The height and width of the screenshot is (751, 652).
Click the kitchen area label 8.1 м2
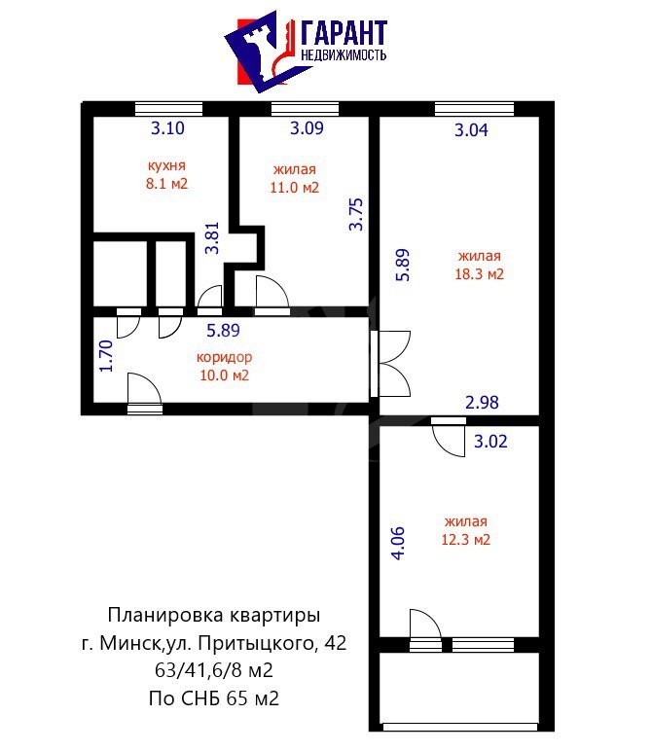(166, 184)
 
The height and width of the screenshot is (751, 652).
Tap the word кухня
(166, 165)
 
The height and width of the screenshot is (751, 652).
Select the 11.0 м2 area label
(295, 187)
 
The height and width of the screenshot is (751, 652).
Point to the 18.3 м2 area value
(479, 274)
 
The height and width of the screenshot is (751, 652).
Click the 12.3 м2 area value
(466, 540)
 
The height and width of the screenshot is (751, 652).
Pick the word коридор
(224, 357)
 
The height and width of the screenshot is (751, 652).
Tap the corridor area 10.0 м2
(224, 375)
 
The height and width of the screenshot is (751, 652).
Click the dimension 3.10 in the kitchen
(167, 128)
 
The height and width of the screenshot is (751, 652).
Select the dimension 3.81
(212, 238)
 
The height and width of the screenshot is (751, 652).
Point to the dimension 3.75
(356, 215)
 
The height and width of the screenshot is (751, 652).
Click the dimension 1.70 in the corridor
(105, 356)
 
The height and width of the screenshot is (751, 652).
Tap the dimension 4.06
(398, 543)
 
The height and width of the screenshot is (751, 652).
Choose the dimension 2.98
(482, 403)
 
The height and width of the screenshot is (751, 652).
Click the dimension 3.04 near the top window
(471, 130)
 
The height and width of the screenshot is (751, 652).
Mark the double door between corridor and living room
(390, 364)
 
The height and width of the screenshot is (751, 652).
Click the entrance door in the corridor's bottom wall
(145, 393)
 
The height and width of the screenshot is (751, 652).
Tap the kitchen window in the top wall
(168, 109)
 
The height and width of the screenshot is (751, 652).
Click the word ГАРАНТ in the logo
(344, 33)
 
